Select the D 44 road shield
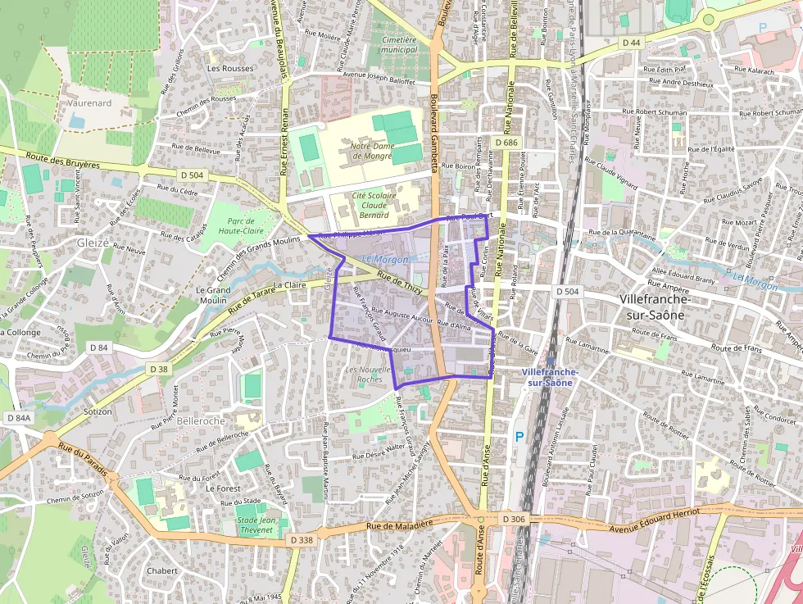pos(630,42)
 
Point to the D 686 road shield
pos(506,143)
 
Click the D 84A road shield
pos(18,419)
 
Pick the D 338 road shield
pos(302,540)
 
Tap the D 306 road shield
pos(512,520)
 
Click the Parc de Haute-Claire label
pos(229,226)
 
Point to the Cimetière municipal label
pos(399,44)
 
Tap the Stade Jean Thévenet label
pos(256,525)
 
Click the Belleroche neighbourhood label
pos(200,420)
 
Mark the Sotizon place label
pos(98,411)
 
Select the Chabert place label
pos(162,570)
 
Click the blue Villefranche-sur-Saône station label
pos(549,377)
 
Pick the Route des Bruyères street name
pos(62,161)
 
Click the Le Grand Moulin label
pos(211,295)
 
